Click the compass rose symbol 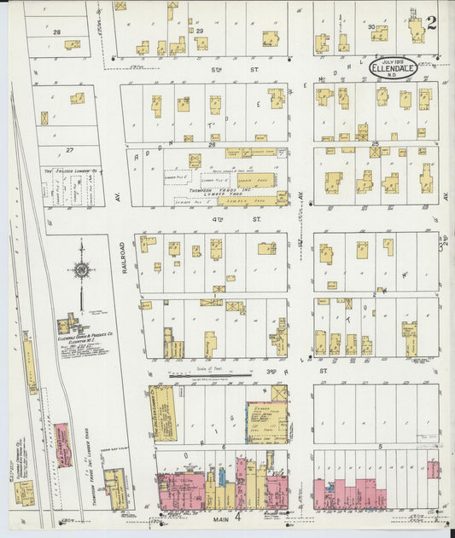[x=82, y=270]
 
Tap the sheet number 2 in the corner [x=432, y=22]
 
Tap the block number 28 [x=57, y=32]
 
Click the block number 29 [x=201, y=32]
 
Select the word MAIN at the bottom [x=213, y=517]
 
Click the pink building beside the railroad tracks [x=62, y=444]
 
